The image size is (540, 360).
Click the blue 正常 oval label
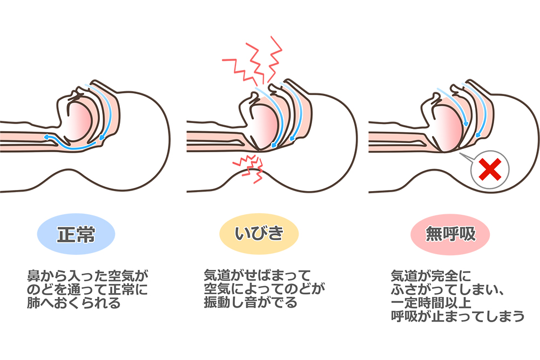click(x=76, y=235)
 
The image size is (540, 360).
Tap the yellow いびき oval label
click(x=259, y=235)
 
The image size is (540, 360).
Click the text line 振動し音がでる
click(x=250, y=303)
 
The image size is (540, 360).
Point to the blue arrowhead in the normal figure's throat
click(x=47, y=137)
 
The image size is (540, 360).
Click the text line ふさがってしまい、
click(x=448, y=289)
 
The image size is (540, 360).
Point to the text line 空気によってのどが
click(x=263, y=289)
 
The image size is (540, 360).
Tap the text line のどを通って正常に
click(x=86, y=289)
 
